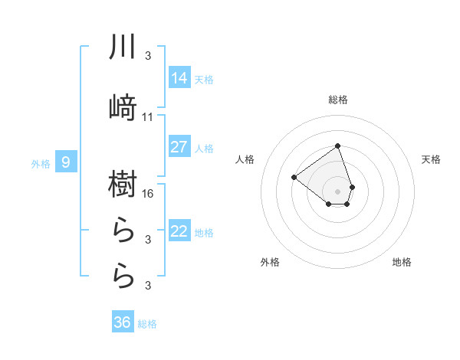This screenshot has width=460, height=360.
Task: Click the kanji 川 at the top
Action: click(x=123, y=48)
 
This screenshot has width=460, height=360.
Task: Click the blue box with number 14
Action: click(x=179, y=77)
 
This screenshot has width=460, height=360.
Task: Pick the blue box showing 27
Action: click(x=179, y=147)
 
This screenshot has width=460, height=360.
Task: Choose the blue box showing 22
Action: click(x=179, y=231)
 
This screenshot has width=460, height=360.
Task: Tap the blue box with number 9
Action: click(x=67, y=162)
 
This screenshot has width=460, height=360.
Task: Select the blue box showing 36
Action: click(x=123, y=322)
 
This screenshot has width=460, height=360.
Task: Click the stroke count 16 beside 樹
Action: click(x=149, y=193)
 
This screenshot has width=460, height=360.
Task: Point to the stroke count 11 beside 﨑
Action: click(x=149, y=117)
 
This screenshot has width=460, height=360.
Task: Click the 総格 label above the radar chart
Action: click(x=338, y=100)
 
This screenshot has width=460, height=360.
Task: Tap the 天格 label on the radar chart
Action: click(x=432, y=159)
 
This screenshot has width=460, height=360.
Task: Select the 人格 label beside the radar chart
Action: click(x=245, y=159)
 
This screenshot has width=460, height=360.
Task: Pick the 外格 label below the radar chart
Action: click(x=270, y=263)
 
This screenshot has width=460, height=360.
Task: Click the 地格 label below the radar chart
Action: click(x=402, y=263)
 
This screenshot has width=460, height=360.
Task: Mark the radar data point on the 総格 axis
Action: click(x=337, y=146)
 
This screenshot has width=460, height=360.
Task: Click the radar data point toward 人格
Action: click(x=294, y=177)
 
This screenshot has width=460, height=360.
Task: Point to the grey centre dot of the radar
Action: click(x=337, y=191)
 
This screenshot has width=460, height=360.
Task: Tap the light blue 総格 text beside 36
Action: click(x=147, y=324)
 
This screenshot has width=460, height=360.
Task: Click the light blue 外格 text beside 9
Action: click(x=41, y=163)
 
